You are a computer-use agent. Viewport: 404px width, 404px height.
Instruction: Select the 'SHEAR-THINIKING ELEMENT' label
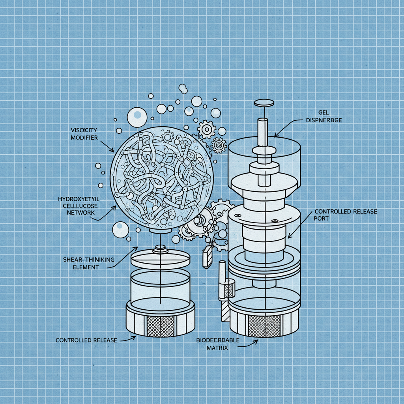[88, 263]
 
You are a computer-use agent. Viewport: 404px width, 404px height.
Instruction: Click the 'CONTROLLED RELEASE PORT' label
[345, 215]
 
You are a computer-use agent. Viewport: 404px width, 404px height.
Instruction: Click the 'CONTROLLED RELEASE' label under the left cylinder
[86, 340]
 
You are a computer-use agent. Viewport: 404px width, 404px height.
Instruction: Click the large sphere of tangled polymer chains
[162, 178]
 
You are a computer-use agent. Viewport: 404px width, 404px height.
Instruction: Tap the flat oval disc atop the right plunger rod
[264, 103]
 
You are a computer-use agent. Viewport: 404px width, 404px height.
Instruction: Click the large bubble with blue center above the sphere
[137, 115]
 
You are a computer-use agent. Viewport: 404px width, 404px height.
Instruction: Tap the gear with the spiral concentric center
[219, 146]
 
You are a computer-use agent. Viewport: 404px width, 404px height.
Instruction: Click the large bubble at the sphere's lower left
[120, 230]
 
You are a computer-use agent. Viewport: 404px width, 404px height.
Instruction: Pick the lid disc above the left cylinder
[160, 259]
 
